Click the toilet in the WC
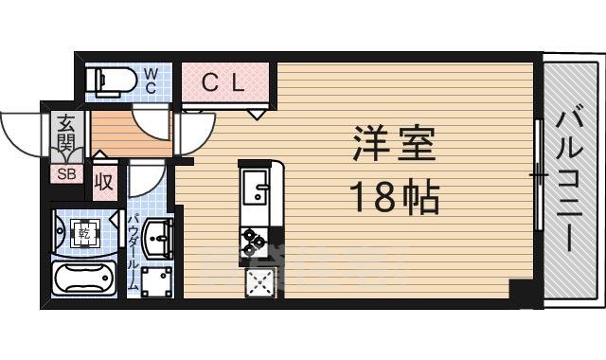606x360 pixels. (107, 81)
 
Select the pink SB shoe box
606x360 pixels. (65, 173)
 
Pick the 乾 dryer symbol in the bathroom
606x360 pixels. (83, 231)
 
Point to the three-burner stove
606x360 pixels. (256, 242)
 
